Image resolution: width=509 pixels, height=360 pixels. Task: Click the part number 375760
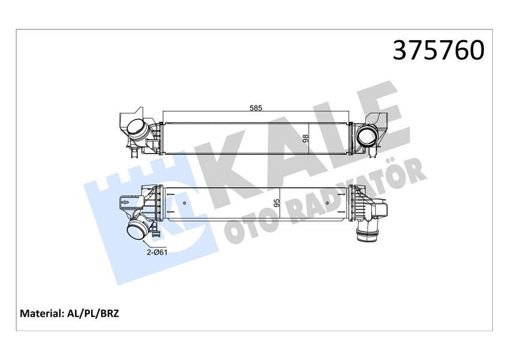pos(438,52)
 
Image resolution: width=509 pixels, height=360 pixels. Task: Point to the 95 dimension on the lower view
pos(276,203)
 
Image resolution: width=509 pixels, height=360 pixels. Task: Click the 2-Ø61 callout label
pos(157,252)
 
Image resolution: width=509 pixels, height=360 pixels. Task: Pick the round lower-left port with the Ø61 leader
pos(137,230)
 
